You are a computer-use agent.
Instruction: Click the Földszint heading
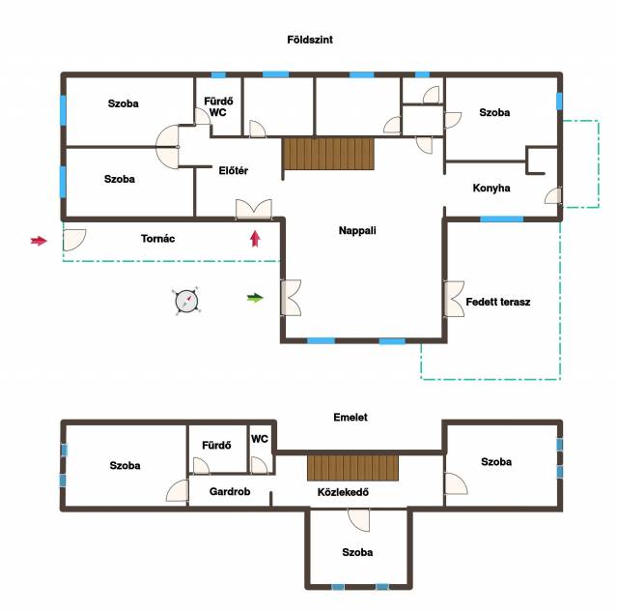[x=310, y=40]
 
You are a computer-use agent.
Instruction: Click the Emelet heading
[x=350, y=418]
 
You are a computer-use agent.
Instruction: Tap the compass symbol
[x=186, y=301]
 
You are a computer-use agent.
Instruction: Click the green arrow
[x=255, y=298]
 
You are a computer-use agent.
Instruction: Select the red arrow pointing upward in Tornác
[x=255, y=239]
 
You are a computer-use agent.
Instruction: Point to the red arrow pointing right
[x=39, y=241]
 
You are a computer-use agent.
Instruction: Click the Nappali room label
[x=357, y=230]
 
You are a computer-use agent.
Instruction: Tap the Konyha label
[x=492, y=188]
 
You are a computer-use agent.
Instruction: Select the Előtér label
[x=234, y=170]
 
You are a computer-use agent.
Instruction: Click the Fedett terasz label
[x=498, y=302]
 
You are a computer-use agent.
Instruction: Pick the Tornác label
[x=157, y=239]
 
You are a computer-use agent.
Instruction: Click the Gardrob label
[x=230, y=491]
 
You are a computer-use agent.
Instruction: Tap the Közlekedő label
[x=343, y=492]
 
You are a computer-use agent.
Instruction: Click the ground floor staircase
[x=328, y=154]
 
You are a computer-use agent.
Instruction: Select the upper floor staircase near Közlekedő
[x=352, y=468]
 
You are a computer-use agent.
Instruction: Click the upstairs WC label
[x=260, y=439]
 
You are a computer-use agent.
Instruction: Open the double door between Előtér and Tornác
[x=254, y=209]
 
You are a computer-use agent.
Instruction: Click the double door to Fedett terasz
[x=455, y=299]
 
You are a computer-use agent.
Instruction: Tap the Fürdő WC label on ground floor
[x=218, y=107]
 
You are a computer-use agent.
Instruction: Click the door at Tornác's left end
[x=74, y=240]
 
